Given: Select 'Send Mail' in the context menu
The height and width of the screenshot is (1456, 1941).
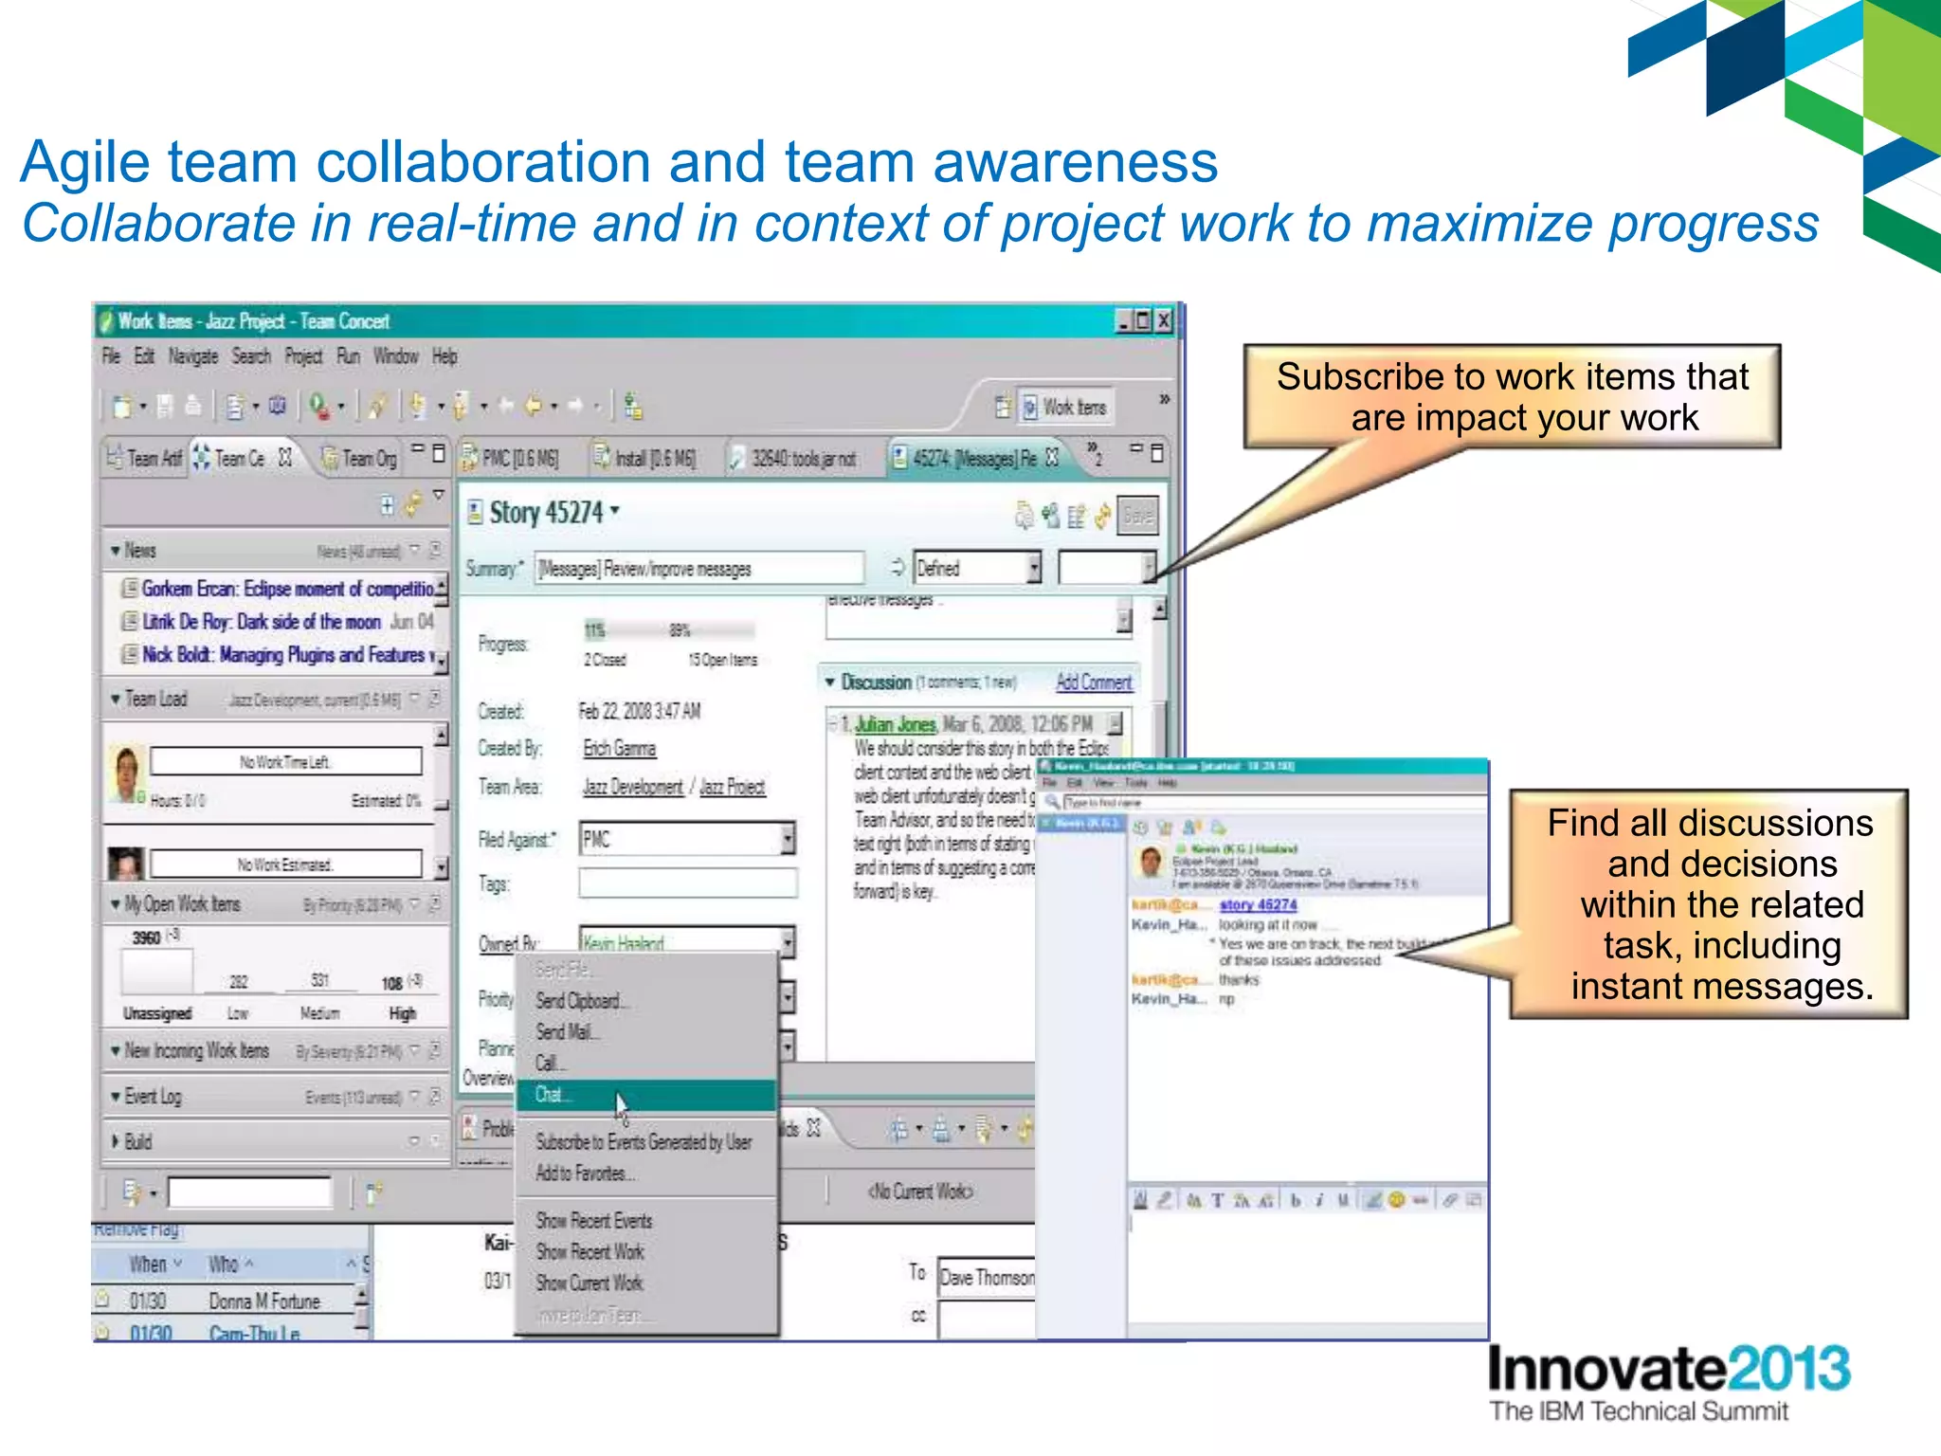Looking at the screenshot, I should (x=567, y=1032).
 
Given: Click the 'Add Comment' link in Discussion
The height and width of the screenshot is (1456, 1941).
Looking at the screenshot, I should (x=1093, y=682).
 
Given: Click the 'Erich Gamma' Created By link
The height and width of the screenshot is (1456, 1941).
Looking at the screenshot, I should (x=619, y=749).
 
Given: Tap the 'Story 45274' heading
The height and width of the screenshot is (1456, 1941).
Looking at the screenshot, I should (x=546, y=513).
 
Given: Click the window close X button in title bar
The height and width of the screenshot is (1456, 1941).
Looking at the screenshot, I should (x=1164, y=321).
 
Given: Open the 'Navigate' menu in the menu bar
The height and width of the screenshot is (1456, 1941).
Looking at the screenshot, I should (x=192, y=356).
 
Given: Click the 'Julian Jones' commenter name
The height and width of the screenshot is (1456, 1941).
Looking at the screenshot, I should (x=895, y=725).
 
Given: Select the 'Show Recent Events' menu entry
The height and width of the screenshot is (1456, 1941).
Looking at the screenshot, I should (x=593, y=1221).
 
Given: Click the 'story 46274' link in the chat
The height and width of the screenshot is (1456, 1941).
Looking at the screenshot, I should (x=1258, y=905).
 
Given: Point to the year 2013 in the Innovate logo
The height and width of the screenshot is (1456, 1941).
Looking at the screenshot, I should (x=1788, y=1370).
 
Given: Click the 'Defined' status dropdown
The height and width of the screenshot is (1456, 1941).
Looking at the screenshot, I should (x=975, y=569).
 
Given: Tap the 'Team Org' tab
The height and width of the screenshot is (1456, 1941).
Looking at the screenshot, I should (x=368, y=459).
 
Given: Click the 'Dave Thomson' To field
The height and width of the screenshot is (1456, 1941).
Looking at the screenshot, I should (x=986, y=1278).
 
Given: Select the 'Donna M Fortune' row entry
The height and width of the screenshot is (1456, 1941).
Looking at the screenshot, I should (x=264, y=1301).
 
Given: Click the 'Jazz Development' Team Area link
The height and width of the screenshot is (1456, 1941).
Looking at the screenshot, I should (x=632, y=788).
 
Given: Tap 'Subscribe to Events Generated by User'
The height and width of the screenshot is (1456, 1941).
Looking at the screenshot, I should (x=644, y=1142).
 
